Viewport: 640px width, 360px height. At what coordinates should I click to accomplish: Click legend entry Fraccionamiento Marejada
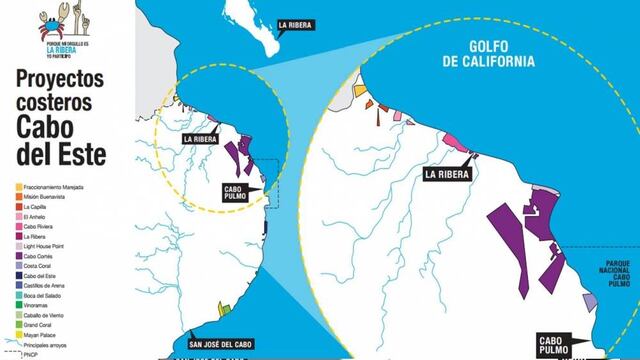tap(60, 187)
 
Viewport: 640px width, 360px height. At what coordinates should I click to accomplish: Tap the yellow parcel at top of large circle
tap(361, 90)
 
